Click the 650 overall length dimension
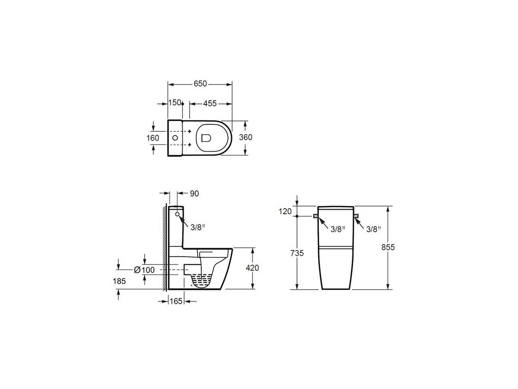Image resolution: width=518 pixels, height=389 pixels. (200, 84)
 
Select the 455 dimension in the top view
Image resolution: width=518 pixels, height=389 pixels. (210, 103)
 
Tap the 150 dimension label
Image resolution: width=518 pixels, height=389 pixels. (175, 102)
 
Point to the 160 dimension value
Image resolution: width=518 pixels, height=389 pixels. (153, 138)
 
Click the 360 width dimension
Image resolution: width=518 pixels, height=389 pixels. (245, 137)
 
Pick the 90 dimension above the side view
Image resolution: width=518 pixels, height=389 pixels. (195, 193)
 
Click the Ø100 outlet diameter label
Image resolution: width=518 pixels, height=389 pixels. (144, 270)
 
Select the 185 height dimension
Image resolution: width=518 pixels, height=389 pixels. (119, 281)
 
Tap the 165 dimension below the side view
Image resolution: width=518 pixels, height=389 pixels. (176, 301)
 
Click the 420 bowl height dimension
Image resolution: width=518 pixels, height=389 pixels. (252, 267)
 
